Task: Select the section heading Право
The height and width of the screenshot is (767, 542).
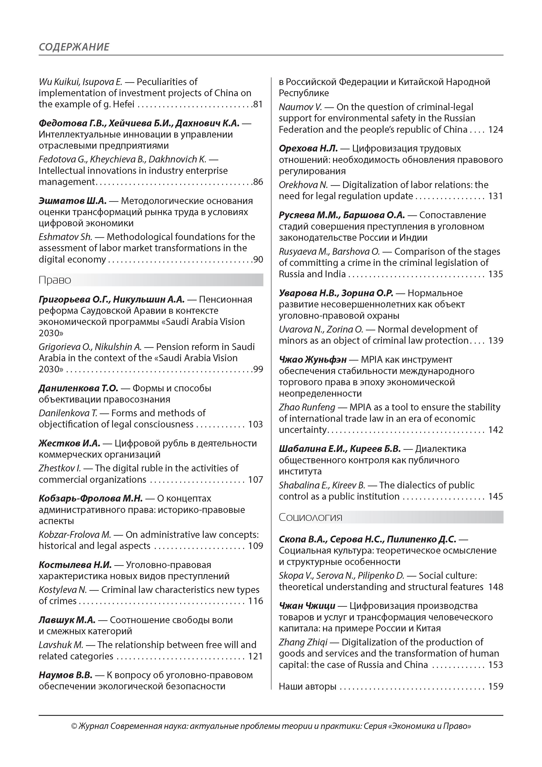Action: [55, 280]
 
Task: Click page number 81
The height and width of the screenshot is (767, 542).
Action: [258, 104]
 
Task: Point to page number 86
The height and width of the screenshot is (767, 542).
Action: [258, 182]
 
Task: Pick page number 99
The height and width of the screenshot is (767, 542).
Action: [258, 369]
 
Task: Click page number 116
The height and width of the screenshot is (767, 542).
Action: [255, 601]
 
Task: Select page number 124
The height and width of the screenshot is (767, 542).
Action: [496, 130]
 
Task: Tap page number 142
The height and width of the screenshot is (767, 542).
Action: [496, 430]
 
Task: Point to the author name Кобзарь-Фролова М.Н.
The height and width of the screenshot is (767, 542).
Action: [90, 499]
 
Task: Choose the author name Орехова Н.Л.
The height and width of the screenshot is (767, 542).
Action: [308, 149]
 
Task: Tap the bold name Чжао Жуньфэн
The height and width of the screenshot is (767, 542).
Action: [313, 360]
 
